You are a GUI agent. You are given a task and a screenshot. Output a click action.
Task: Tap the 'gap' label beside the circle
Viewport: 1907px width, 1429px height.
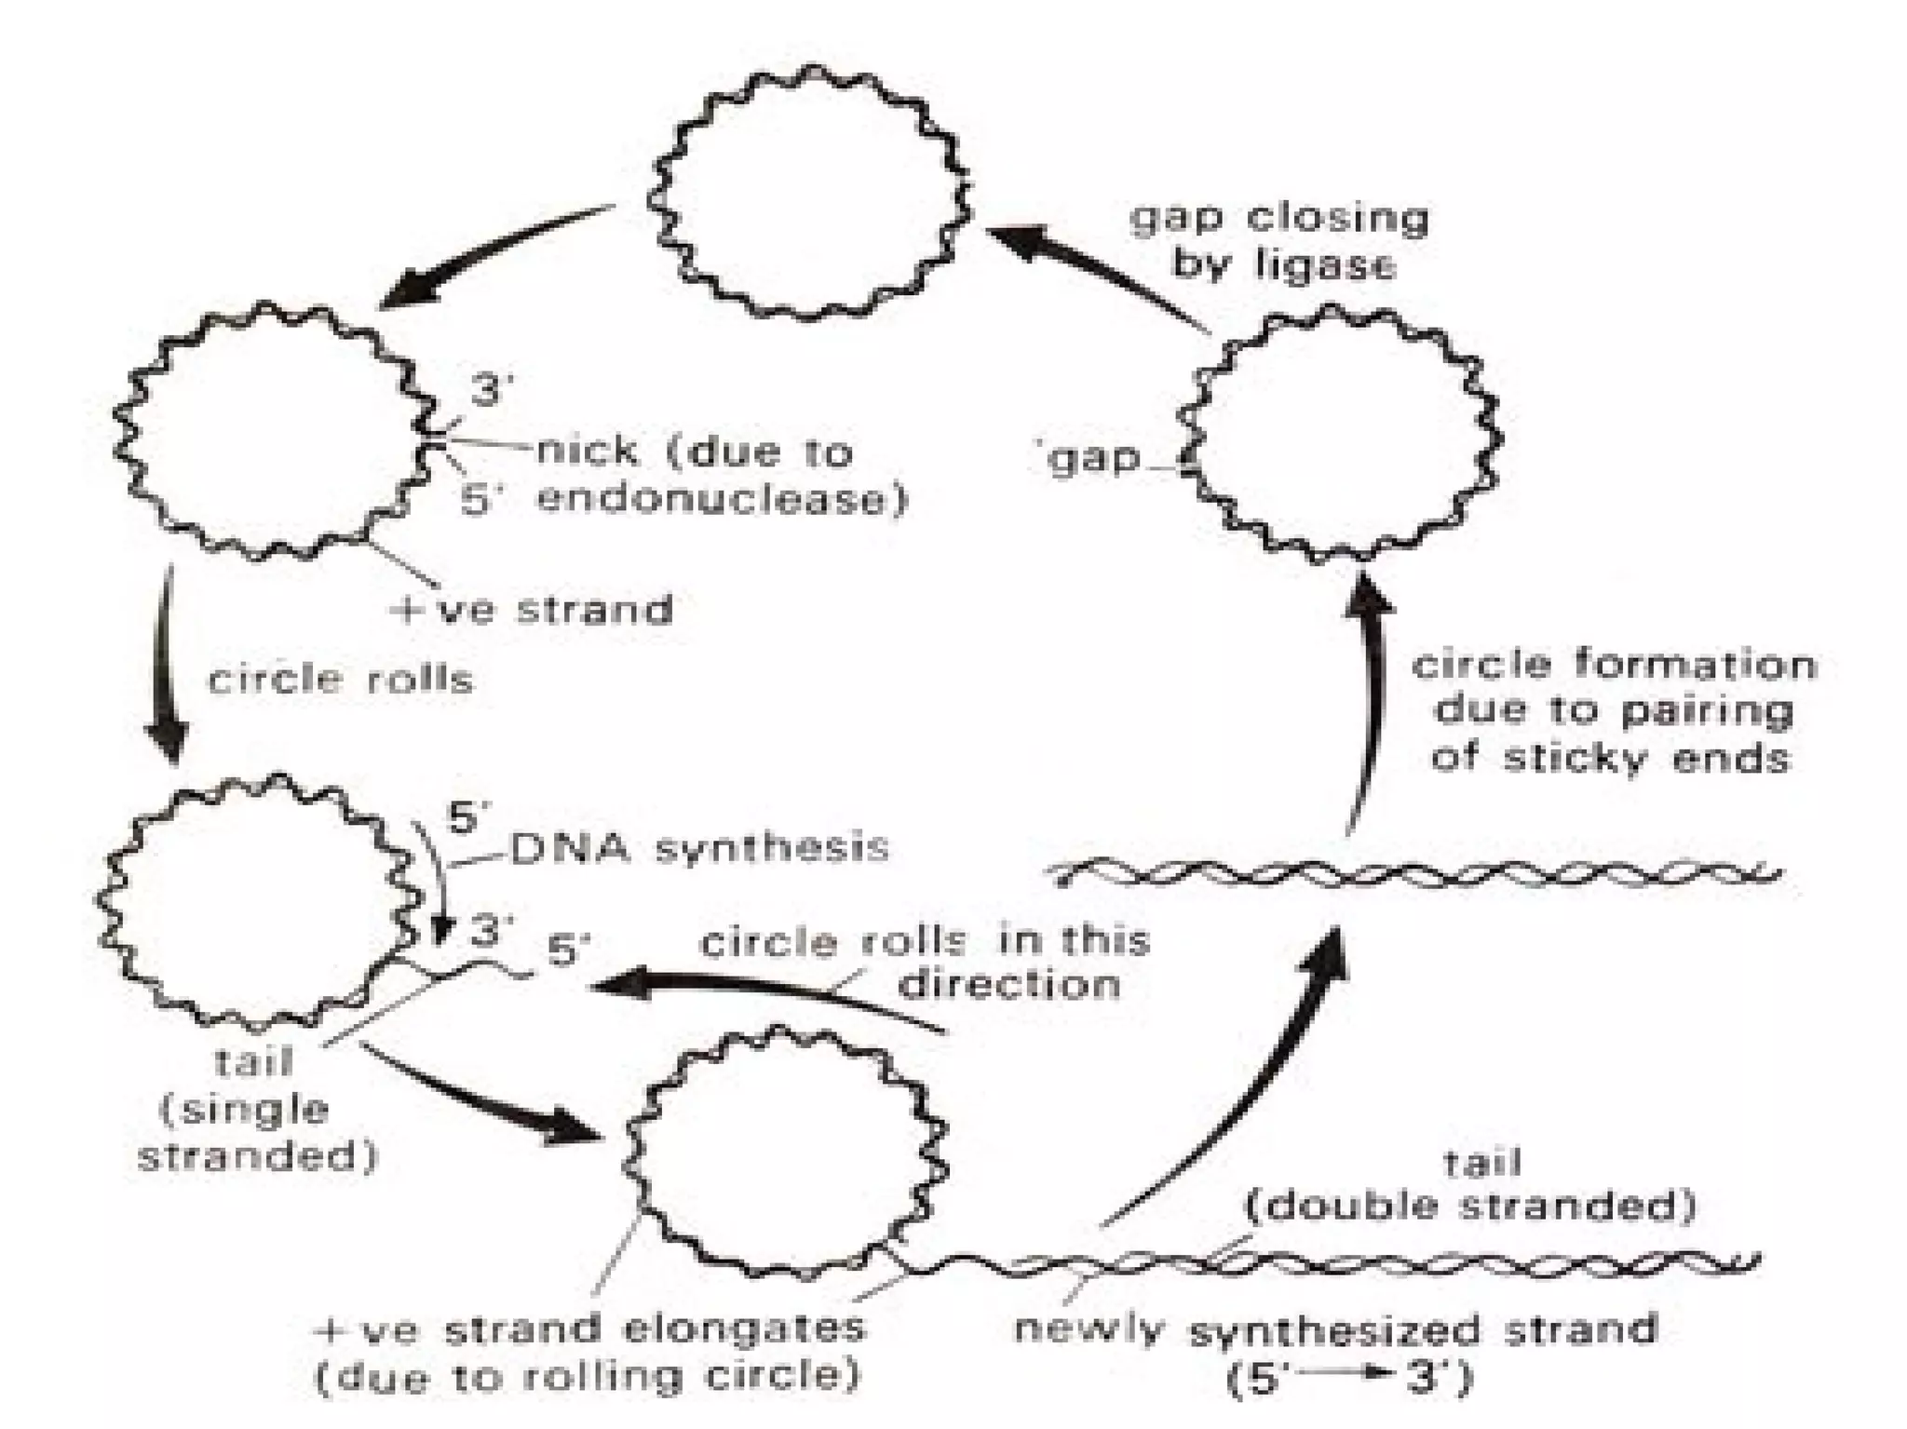[x=1092, y=459]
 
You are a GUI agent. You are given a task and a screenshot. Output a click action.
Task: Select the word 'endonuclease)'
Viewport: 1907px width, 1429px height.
[x=722, y=500]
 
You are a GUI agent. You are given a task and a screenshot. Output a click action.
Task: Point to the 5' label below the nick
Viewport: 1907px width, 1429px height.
[x=481, y=501]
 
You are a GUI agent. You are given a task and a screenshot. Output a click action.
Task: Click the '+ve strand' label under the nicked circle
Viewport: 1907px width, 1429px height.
[x=534, y=610]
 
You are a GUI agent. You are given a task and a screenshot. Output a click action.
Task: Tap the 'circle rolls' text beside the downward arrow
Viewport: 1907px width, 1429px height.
[x=340, y=679]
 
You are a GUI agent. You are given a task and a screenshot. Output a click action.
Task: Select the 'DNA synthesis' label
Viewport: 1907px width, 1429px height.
[x=698, y=847]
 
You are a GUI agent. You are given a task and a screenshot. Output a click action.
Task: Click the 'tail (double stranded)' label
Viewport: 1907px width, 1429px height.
[x=1470, y=1184]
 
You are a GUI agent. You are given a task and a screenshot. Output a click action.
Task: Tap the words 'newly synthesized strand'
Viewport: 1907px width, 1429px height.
[x=1336, y=1328]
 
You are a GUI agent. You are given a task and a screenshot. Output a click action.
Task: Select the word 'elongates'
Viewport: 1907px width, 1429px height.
[x=744, y=1328]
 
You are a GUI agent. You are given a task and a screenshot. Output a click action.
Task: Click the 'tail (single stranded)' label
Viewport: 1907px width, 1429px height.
[x=256, y=1109]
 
